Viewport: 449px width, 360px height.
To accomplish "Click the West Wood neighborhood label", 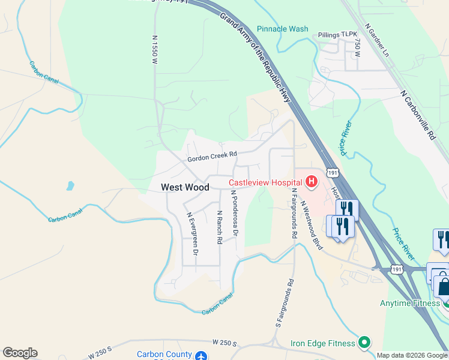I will point(185,187).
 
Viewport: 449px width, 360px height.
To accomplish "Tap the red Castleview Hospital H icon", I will point(312,181).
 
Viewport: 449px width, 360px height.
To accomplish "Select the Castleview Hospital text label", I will point(266,182).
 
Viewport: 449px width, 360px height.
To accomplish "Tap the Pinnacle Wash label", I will point(282,29).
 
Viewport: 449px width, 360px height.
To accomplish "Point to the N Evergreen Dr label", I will point(191,234).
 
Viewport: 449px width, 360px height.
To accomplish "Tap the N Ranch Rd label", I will point(220,227).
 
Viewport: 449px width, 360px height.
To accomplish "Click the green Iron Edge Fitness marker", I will point(363,343).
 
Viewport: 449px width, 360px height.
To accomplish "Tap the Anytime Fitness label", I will point(410,303).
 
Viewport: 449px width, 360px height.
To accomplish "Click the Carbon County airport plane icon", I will point(202,355).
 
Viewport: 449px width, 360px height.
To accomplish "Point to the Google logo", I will point(20,353).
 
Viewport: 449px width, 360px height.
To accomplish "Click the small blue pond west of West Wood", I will point(71,185).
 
